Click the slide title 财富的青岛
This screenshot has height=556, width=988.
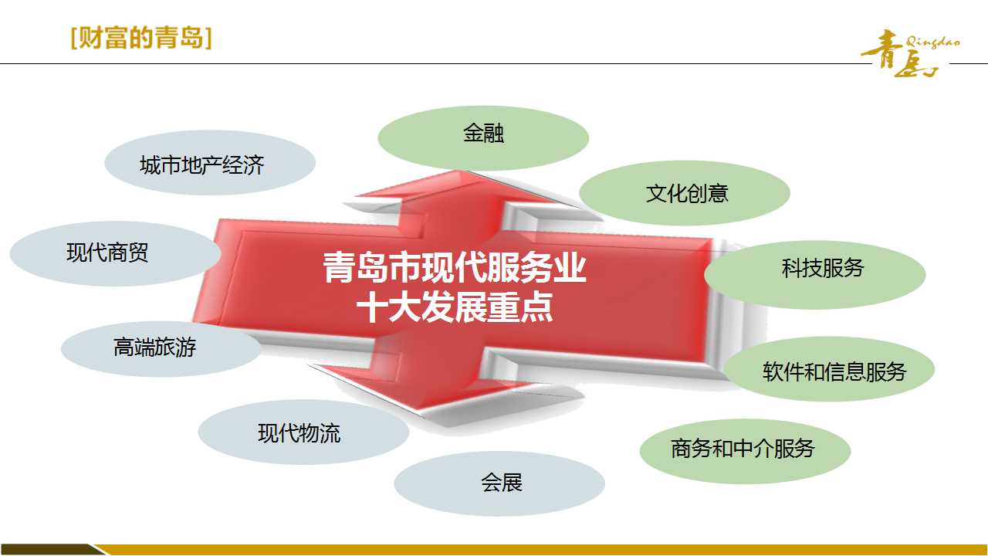coord(141,38)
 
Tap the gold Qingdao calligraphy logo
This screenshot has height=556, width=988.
coord(909,53)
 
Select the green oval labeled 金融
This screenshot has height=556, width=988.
coord(483,137)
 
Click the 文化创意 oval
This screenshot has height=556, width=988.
coord(685,193)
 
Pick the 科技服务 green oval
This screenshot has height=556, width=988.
coord(815,274)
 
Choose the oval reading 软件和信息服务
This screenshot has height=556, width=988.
coord(829,369)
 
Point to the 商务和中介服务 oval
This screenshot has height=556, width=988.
coord(746,451)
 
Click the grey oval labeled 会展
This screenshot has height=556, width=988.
coord(499,483)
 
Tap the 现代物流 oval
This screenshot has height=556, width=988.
coord(303,432)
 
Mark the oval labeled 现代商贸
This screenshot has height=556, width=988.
coord(115,254)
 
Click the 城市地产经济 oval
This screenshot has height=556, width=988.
coord(210,162)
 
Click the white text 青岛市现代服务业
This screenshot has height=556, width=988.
coord(455,268)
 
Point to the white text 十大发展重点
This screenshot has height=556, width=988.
coord(455,307)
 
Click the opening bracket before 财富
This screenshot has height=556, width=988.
coord(73,39)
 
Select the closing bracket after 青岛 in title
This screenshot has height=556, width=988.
coord(208,39)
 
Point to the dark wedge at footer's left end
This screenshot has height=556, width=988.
coord(49,549)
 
